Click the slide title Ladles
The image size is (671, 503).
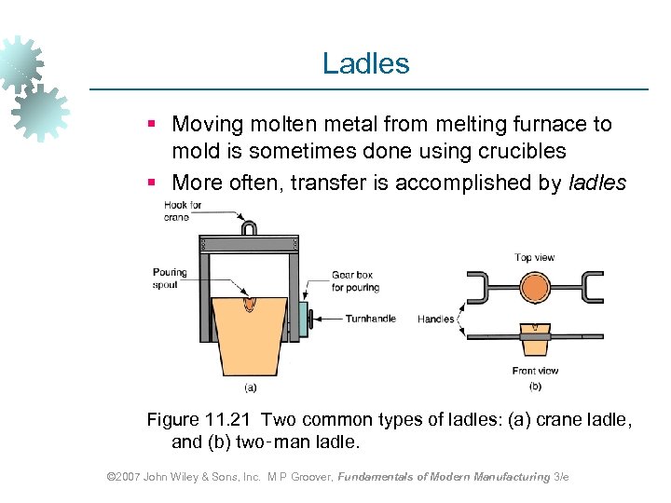365,63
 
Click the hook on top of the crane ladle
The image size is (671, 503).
249,227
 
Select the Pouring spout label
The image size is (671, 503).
170,278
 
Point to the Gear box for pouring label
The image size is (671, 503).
355,281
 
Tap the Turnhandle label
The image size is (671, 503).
370,319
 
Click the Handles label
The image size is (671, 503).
436,319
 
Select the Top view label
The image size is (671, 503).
535,257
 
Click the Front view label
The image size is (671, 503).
535,371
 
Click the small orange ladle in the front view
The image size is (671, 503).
535,342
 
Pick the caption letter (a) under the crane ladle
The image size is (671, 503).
250,387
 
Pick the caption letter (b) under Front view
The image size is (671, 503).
535,385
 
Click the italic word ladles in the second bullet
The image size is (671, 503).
596,183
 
